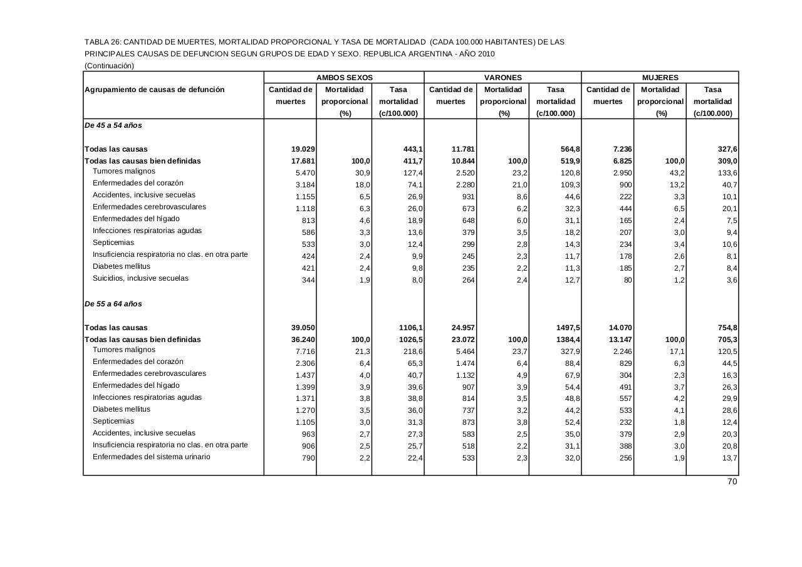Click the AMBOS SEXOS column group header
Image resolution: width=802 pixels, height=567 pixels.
point(344,78)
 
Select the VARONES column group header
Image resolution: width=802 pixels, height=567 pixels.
point(503,78)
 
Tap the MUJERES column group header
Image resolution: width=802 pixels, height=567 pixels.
point(660,78)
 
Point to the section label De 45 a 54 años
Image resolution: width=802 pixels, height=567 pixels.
point(113,125)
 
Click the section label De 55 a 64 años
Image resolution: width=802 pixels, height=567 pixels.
point(113,304)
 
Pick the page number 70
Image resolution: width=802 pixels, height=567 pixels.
point(732,482)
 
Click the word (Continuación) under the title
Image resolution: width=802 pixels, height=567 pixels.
point(109,65)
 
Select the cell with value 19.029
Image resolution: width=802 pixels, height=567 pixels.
point(303,149)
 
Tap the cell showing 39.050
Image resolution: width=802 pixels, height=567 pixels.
point(303,328)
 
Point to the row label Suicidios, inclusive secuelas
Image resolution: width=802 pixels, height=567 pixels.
point(140,278)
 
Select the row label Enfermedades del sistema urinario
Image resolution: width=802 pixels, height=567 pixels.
point(152,457)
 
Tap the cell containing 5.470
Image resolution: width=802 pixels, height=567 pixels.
point(305,172)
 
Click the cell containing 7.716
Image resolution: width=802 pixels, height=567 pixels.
point(305,351)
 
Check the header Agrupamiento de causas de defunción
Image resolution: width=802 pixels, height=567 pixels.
point(154,90)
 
